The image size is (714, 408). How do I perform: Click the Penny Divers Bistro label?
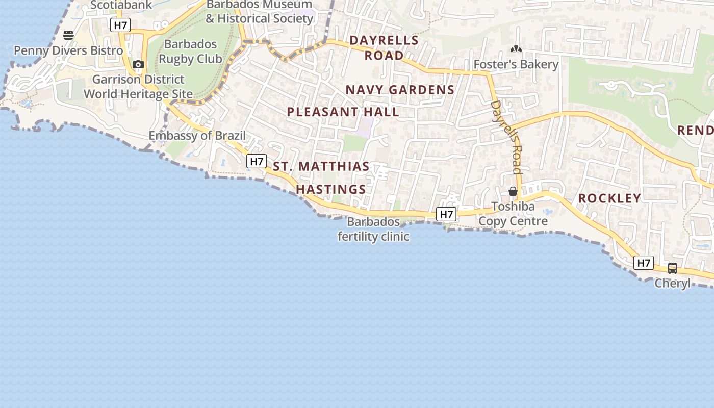click(x=68, y=50)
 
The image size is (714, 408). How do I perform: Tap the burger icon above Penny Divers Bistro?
click(x=68, y=35)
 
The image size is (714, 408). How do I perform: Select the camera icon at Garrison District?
click(x=138, y=65)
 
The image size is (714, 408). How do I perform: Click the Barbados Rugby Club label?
click(x=190, y=52)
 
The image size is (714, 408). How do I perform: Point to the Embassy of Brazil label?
click(x=197, y=136)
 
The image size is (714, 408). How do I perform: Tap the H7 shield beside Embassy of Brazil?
click(x=256, y=162)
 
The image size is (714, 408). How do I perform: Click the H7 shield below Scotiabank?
click(x=120, y=25)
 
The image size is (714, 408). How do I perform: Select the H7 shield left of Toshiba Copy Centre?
click(x=446, y=214)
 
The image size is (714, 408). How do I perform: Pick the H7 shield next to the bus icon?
click(x=644, y=263)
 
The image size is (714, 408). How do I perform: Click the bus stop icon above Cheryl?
click(x=672, y=268)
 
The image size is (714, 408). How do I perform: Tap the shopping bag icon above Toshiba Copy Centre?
click(x=513, y=191)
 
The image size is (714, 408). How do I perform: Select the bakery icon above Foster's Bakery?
click(x=516, y=49)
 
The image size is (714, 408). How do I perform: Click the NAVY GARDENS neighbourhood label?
click(x=400, y=90)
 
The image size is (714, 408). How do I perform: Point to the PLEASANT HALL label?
click(x=343, y=112)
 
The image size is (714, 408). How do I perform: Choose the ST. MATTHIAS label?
click(x=321, y=166)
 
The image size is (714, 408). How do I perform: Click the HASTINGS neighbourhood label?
click(x=331, y=189)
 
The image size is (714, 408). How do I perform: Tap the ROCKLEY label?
click(x=609, y=198)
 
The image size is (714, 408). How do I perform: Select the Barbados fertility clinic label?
click(x=373, y=229)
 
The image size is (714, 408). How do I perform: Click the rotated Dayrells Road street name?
click(x=506, y=137)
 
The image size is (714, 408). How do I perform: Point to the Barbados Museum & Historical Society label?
click(x=259, y=12)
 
